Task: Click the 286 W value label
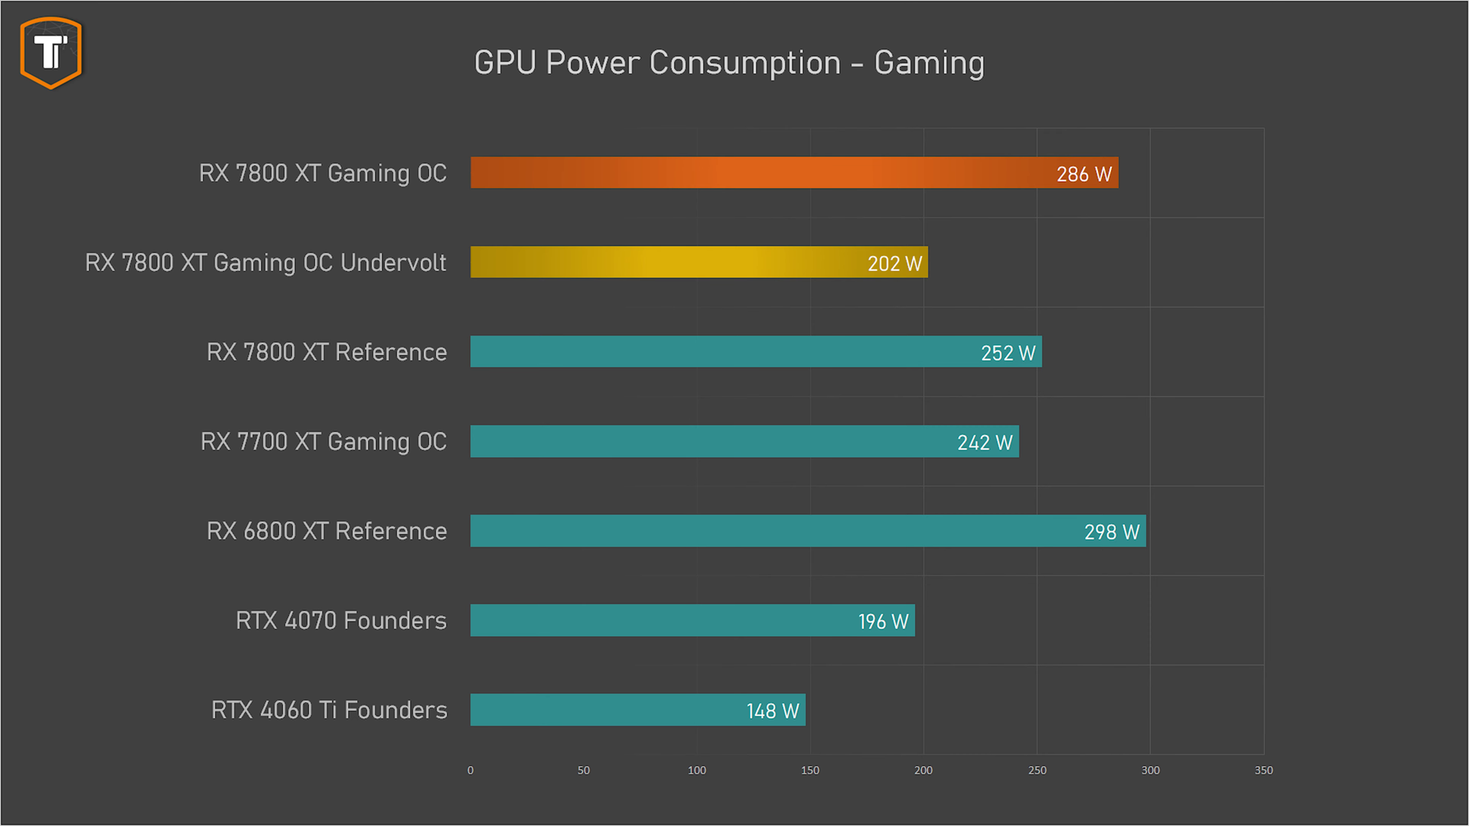pos(1083,174)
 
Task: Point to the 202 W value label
pos(894,264)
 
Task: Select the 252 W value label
pos(1008,353)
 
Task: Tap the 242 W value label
pos(985,443)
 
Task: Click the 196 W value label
pos(883,622)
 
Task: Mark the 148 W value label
pos(773,711)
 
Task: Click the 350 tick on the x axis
pos(1263,770)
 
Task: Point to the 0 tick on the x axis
pos(471,770)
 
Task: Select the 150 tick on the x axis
pos(809,770)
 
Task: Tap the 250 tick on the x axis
pos(1037,770)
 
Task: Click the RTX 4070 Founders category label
pos(341,620)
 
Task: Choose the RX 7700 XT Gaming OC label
pos(324,441)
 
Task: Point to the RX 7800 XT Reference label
pos(327,352)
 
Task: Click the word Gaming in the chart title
pos(929,63)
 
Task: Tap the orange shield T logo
pos(51,53)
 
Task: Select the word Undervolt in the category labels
pos(393,262)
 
